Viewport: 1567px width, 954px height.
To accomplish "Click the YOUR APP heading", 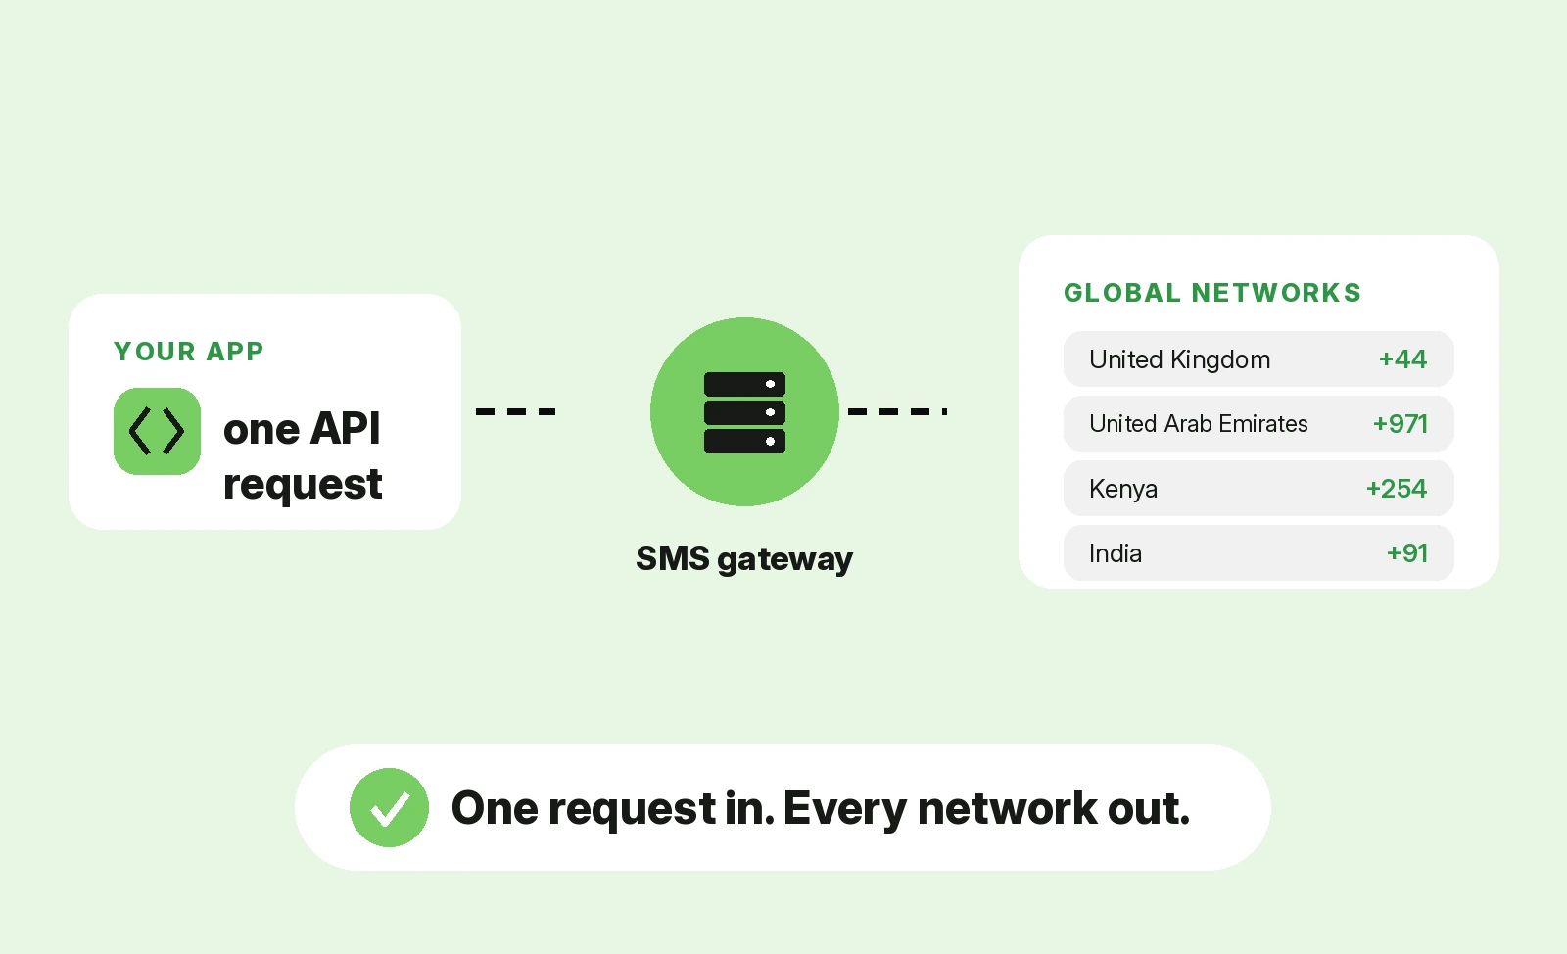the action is point(189,351).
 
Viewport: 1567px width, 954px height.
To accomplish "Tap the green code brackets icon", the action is point(158,432).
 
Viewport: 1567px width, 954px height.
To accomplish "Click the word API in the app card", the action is point(345,428).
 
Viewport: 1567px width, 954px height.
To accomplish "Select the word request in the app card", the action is point(303,484).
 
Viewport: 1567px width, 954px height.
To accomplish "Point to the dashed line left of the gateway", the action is point(515,412).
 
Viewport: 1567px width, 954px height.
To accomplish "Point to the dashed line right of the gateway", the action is point(897,412).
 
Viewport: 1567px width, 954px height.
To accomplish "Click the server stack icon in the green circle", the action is point(744,412).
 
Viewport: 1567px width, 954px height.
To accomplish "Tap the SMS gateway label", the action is point(744,559).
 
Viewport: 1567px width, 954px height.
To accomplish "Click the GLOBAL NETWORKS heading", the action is point(1212,292).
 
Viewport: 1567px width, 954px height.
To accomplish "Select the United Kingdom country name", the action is point(1179,359).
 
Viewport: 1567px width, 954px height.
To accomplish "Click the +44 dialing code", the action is point(1402,359).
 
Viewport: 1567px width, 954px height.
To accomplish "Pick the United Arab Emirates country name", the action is point(1199,424).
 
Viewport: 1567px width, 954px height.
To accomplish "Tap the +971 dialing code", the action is point(1400,424).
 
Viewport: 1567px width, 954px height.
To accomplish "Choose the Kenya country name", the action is point(1123,489).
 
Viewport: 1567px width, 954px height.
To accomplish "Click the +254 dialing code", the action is point(1397,488).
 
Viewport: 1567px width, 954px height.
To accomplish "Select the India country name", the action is point(1116,553).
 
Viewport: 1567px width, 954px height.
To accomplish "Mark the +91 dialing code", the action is point(1406,553).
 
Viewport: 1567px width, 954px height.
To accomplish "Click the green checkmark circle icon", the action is point(389,808).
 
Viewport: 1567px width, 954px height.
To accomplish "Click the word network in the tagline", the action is point(1008,808).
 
